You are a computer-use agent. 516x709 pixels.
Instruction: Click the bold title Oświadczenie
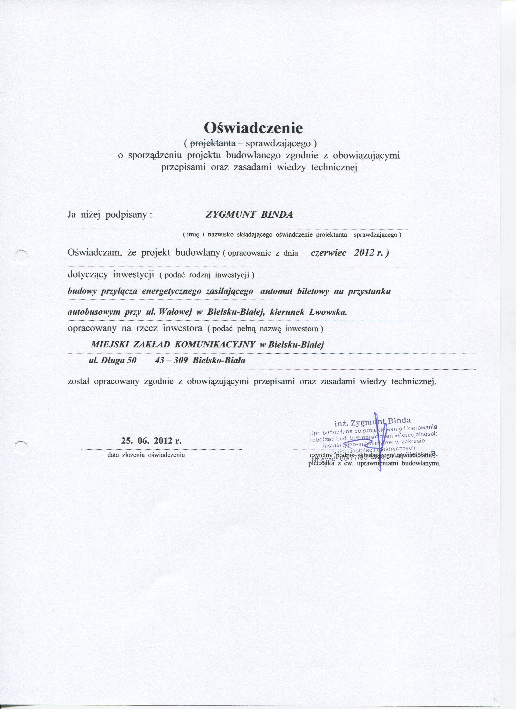coord(253,127)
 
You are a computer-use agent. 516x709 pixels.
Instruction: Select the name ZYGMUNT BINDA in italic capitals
coord(249,215)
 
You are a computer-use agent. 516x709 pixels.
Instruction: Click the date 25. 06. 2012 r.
coord(151,441)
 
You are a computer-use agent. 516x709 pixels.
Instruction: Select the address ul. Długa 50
coord(113,360)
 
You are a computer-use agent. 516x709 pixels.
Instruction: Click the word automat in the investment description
coord(276,292)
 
